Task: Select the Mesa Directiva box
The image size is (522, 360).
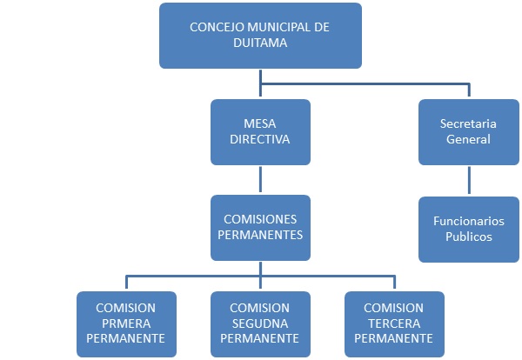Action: pos(260,132)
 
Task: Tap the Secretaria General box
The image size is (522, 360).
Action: pos(468,132)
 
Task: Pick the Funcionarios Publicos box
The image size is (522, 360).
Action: pos(468,229)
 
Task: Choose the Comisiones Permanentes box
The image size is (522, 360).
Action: pos(260,228)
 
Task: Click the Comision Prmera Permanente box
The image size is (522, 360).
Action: pos(126,323)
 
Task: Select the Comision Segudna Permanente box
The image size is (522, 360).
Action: pos(260,323)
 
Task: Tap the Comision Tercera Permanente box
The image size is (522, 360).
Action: pos(394,323)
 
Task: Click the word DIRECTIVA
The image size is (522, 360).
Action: pos(260,139)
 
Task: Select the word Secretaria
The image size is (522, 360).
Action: pos(468,124)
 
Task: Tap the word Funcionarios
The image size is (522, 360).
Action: pos(468,221)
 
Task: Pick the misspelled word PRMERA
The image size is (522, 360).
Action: pos(126,323)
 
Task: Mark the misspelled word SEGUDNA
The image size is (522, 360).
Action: pos(260,323)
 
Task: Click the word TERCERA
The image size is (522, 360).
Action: pos(394,323)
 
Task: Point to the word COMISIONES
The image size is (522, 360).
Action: pos(260,220)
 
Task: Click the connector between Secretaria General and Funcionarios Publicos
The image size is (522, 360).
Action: pos(469,180)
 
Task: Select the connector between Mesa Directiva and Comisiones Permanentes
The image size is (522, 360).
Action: pos(260,180)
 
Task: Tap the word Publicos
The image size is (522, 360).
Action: pos(468,236)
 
